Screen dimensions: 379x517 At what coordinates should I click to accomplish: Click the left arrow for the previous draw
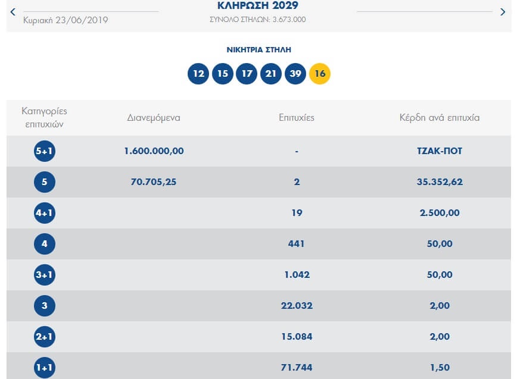[x=13, y=12]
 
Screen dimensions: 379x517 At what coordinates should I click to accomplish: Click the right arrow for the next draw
[x=502, y=12]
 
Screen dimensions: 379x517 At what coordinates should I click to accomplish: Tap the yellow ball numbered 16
[x=320, y=74]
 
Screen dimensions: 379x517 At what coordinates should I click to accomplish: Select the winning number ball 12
[x=198, y=74]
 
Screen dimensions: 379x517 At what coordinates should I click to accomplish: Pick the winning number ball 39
[x=295, y=74]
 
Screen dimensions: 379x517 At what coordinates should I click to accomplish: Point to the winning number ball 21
[x=271, y=74]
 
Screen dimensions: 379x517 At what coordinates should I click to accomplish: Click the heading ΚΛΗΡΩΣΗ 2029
[x=258, y=7]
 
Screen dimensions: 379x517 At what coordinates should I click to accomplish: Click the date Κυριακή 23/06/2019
[x=66, y=20]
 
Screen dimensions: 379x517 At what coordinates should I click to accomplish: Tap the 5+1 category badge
[x=45, y=151]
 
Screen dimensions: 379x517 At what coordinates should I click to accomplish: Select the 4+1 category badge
[x=45, y=213]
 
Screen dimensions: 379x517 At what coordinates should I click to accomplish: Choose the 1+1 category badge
[x=45, y=368]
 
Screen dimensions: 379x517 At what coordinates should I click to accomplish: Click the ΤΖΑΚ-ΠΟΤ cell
[x=440, y=151]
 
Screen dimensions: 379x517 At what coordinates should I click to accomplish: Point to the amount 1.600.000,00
[x=154, y=151]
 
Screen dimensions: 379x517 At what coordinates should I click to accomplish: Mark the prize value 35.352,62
[x=440, y=182]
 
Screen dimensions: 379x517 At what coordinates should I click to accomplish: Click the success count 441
[x=296, y=244]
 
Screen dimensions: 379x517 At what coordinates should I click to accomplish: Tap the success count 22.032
[x=296, y=306]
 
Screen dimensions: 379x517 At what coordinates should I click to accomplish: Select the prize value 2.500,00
[x=440, y=213]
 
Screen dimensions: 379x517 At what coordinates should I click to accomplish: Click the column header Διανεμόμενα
[x=154, y=118]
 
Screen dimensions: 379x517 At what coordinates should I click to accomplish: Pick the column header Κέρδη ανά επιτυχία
[x=440, y=118]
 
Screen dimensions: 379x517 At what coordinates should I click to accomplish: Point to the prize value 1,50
[x=440, y=368]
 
